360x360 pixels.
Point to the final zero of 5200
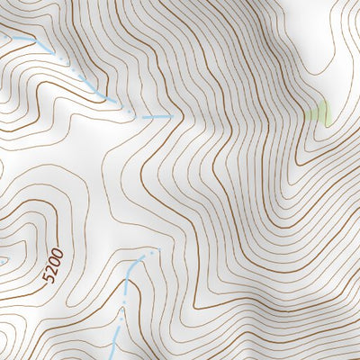click(59, 252)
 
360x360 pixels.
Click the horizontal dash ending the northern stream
click(157, 116)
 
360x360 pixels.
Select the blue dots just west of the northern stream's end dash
click(131, 112)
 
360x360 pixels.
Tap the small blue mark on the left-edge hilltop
click(3, 260)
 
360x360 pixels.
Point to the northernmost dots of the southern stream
click(154, 252)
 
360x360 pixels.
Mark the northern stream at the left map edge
click(3, 35)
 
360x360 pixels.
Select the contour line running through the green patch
click(317, 121)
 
